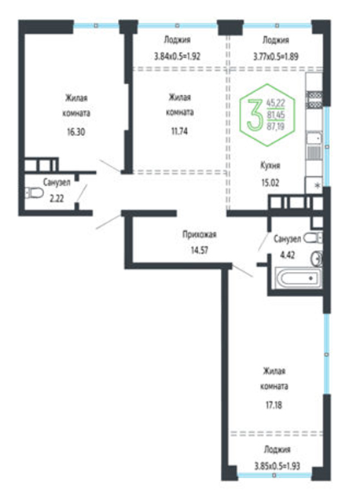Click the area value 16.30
pyautogui.click(x=76, y=132)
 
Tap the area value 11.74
pyautogui.click(x=179, y=131)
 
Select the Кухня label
pyautogui.click(x=270, y=166)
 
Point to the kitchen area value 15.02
pyautogui.click(x=270, y=183)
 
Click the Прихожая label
pyautogui.click(x=199, y=234)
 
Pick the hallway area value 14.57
pyautogui.click(x=199, y=250)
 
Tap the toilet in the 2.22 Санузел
pyautogui.click(x=34, y=193)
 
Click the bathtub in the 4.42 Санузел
pyautogui.click(x=299, y=278)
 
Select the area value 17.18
pyautogui.click(x=274, y=406)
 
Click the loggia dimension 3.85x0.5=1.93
pyautogui.click(x=277, y=465)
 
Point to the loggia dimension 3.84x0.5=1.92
pyautogui.click(x=177, y=57)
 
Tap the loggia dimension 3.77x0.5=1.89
pyautogui.click(x=276, y=57)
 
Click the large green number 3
pyautogui.click(x=254, y=115)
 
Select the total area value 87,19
pyautogui.click(x=276, y=126)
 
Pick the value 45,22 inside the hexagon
pyautogui.click(x=276, y=103)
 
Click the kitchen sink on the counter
pyautogui.click(x=314, y=138)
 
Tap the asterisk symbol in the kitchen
pyautogui.click(x=318, y=185)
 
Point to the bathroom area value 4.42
pyautogui.click(x=287, y=255)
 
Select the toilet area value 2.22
pyautogui.click(x=57, y=199)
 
